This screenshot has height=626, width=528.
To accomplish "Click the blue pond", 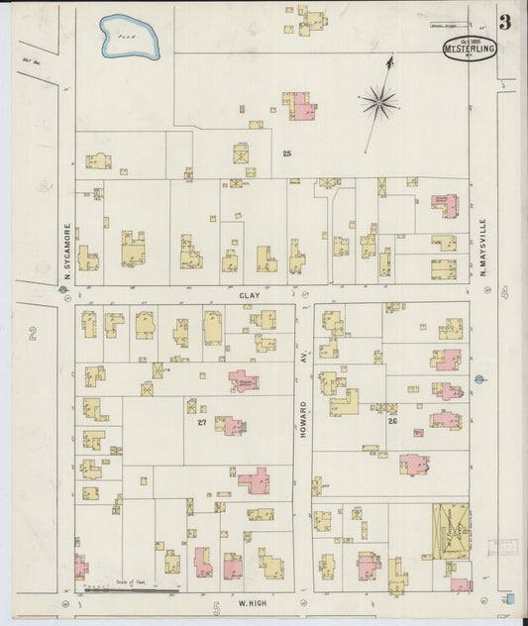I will tap(129, 38).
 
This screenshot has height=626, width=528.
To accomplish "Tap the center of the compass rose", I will tap(378, 100).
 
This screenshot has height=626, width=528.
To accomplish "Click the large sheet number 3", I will tap(505, 23).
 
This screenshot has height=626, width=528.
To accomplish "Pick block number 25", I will tap(286, 154).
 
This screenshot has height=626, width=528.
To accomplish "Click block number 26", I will tap(392, 422).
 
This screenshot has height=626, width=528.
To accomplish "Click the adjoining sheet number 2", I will tap(33, 335).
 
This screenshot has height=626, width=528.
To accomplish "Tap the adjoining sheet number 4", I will tap(504, 292).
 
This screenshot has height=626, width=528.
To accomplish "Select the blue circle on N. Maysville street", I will tap(478, 378).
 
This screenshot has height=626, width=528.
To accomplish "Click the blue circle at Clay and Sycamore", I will tap(63, 291).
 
